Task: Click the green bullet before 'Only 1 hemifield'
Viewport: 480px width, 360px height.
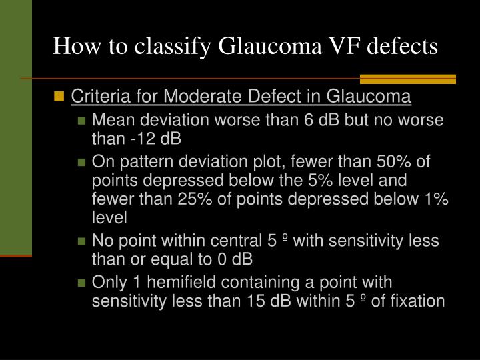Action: click(x=82, y=283)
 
